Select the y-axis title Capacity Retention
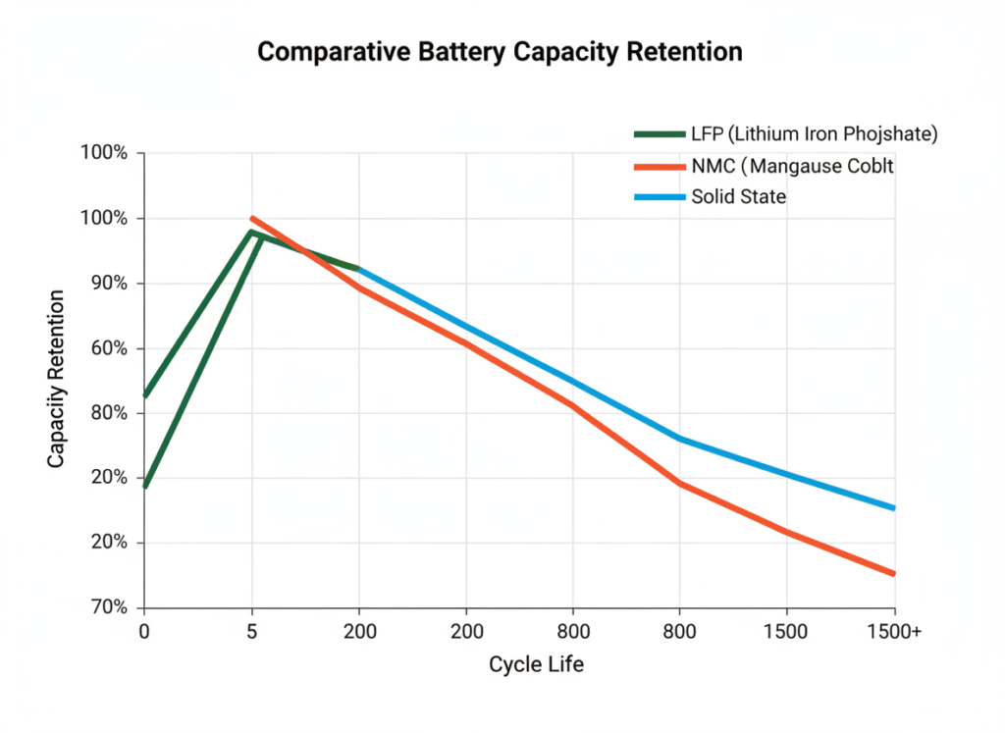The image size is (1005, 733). click(x=57, y=378)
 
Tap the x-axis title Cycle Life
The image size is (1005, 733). click(x=536, y=664)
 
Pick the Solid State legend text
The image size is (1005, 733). click(x=738, y=196)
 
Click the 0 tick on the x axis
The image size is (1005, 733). click(x=144, y=632)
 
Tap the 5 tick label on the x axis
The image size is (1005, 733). click(x=252, y=632)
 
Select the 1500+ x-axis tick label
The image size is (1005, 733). click(x=894, y=632)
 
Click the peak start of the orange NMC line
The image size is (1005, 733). click(x=252, y=218)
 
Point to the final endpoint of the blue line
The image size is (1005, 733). click(x=894, y=508)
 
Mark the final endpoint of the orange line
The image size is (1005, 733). click(x=894, y=574)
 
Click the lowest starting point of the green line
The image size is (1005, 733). click(x=145, y=487)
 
